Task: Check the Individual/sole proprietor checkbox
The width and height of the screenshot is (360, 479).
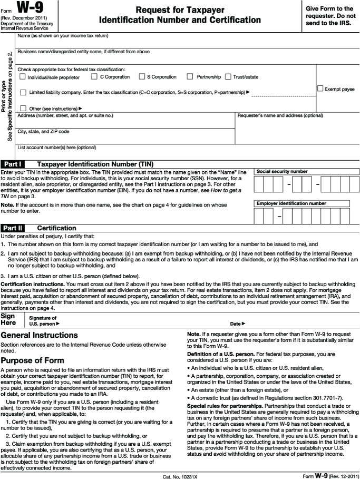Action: point(23,77)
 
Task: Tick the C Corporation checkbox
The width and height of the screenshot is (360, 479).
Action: point(94,77)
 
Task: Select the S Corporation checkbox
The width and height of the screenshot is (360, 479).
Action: point(142,77)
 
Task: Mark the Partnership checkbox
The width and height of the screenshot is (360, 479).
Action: point(191,77)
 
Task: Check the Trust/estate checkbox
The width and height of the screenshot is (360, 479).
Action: point(228,77)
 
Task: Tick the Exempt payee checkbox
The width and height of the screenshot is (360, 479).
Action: point(320,89)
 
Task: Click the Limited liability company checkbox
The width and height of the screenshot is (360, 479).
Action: point(23,92)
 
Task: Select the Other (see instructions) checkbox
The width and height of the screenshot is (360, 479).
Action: point(23,108)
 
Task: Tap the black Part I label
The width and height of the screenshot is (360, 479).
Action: point(13,164)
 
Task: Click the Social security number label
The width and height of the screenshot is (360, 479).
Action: point(282,171)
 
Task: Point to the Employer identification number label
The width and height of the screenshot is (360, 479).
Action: point(291,203)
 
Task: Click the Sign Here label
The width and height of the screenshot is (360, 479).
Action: point(8,319)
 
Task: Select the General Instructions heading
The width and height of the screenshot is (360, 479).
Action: point(40,335)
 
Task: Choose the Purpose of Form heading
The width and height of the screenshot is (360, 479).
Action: point(33,360)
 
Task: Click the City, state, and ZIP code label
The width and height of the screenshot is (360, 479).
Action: point(43,131)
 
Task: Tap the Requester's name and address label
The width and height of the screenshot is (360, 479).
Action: point(280,115)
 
